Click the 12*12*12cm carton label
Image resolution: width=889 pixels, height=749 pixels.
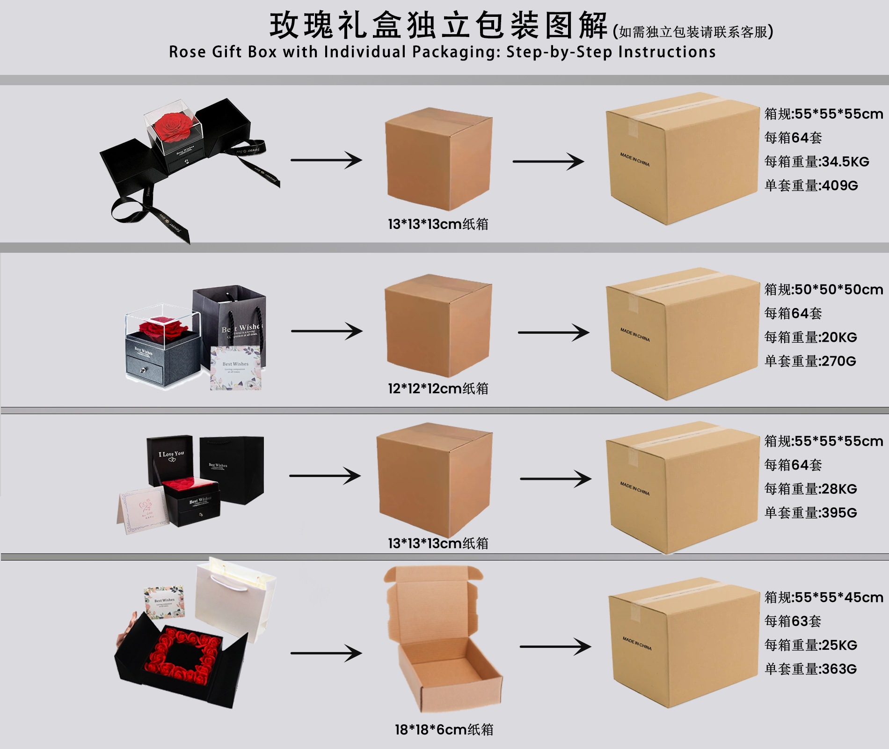[438, 389]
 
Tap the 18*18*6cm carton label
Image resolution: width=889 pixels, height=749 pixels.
[444, 729]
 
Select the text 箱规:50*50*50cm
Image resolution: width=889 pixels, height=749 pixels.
[823, 289]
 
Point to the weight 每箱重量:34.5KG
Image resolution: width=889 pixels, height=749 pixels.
[816, 162]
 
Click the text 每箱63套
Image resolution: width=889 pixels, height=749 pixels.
[793, 621]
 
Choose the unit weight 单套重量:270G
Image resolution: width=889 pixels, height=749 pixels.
[810, 361]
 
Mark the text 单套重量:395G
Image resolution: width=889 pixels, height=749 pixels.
[810, 513]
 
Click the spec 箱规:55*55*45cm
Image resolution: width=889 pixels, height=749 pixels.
[823, 597]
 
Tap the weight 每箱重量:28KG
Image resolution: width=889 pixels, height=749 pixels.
[810, 489]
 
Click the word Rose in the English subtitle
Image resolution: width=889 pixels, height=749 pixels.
[187, 52]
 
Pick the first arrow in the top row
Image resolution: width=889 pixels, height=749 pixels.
[326, 160]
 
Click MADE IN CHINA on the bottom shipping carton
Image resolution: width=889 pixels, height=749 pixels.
[636, 643]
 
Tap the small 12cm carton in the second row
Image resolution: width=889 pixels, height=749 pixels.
[437, 326]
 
